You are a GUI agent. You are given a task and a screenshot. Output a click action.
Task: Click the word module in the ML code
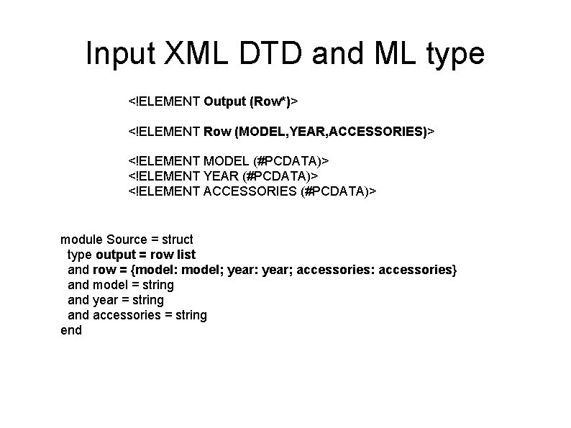81,239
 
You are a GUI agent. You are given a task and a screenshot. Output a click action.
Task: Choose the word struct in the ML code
177,239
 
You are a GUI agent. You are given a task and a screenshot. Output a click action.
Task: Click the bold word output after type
116,255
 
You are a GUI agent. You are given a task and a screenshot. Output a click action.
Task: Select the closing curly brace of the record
453,270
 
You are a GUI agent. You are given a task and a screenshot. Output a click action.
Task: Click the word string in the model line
157,285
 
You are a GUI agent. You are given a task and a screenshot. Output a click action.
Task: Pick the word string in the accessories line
191,315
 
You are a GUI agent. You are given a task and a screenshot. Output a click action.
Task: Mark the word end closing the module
71,330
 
